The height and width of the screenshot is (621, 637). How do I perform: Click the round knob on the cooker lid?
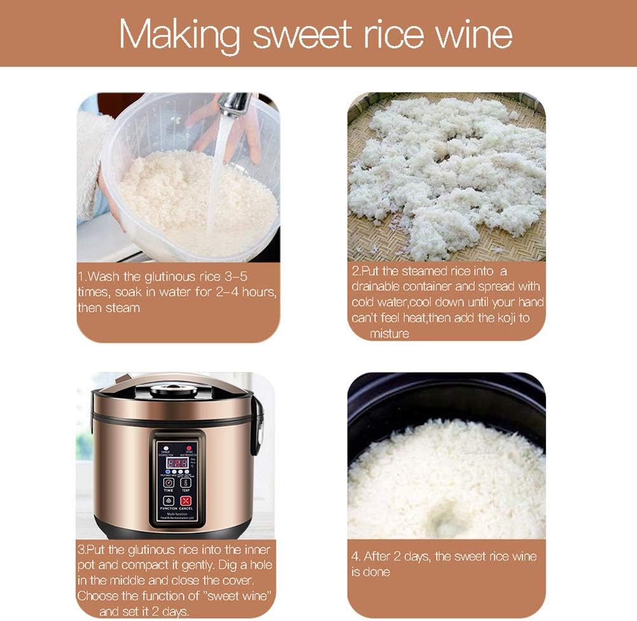click(x=173, y=390)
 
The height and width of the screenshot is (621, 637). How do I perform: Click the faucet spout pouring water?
click(x=233, y=104)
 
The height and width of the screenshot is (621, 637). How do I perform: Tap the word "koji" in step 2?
click(x=500, y=318)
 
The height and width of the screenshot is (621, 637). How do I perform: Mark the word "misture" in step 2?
click(x=389, y=333)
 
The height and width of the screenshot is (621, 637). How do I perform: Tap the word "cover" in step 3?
click(x=236, y=581)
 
